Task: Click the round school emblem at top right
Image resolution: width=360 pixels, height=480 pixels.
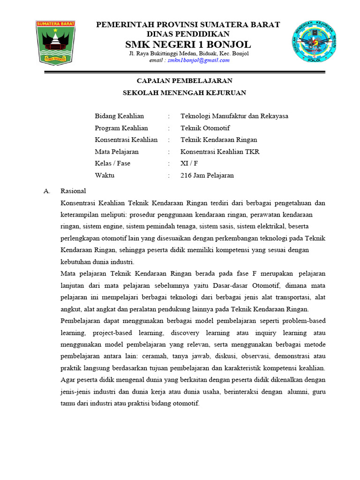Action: [x=315, y=41]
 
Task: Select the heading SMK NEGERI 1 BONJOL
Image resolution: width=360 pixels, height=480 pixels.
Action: [x=187, y=45]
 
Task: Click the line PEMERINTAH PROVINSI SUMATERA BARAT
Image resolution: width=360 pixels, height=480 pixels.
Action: [x=188, y=25]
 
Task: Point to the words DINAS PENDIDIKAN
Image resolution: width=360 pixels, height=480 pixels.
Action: [x=188, y=34]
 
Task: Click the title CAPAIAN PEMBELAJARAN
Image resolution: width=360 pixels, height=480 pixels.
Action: [x=184, y=81]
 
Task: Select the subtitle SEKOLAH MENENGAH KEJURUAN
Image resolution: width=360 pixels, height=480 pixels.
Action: [x=184, y=93]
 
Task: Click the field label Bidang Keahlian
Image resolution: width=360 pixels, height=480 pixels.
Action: [x=119, y=116]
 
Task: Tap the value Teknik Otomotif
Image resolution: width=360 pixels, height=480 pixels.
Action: [x=205, y=128]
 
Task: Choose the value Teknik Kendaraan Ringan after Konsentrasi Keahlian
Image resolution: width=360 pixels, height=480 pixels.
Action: [x=219, y=140]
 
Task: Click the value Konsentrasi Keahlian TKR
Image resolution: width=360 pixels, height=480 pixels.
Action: [x=220, y=151]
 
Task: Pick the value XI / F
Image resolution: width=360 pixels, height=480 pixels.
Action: [x=189, y=164]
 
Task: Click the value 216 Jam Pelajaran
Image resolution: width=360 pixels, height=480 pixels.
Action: [x=207, y=175]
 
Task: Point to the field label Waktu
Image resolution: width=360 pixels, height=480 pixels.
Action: [x=105, y=175]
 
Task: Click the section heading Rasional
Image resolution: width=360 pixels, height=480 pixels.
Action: [x=73, y=191]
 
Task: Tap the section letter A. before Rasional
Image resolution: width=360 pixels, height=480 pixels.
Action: [x=46, y=191]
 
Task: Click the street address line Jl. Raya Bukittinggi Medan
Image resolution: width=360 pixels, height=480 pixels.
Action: [x=189, y=53]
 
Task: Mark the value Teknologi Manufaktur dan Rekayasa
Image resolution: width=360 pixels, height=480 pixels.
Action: [x=234, y=116]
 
